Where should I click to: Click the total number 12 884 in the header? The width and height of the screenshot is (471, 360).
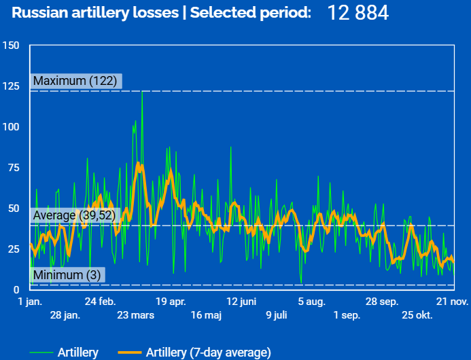[x=359, y=13]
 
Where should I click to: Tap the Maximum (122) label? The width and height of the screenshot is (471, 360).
[x=75, y=82]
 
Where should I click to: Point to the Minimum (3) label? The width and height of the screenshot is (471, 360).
[x=67, y=275]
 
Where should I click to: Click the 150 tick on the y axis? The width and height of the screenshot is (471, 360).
[x=11, y=46]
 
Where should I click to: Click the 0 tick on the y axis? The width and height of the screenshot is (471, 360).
[x=16, y=289]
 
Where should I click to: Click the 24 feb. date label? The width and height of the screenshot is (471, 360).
[x=100, y=302]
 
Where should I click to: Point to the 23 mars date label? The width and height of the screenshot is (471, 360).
[x=135, y=315]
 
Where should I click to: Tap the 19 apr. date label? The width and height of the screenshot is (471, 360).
[x=171, y=302]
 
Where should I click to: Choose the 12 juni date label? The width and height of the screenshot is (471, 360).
[x=241, y=302]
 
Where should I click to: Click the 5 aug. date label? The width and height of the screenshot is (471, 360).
[x=312, y=302]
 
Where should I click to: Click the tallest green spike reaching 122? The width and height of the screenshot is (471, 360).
[x=141, y=92]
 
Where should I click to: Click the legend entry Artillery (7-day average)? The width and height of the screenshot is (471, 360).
[x=208, y=352]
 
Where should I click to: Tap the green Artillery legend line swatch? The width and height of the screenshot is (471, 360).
[x=41, y=352]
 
